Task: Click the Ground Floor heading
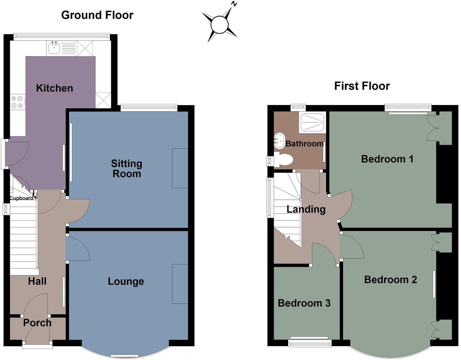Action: pos(97,15)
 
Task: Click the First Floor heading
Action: pos(362,86)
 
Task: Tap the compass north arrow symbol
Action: pos(220,25)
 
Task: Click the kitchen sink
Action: pos(54,48)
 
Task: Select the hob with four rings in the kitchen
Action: pos(17,102)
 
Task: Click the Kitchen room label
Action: pos(55,88)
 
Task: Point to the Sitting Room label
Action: pos(127,169)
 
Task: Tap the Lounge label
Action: pos(126,281)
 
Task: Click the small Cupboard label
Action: pos(21,198)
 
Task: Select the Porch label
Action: pos(37,323)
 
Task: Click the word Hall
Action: pos(37,281)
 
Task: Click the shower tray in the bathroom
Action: pos(312,123)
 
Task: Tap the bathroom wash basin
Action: pos(279,141)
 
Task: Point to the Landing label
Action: pos(306,209)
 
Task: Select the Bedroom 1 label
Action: pos(387,159)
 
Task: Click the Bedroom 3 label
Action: pos(304,303)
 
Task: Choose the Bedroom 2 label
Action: pos(390,280)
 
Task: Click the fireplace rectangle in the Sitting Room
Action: pos(180,168)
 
